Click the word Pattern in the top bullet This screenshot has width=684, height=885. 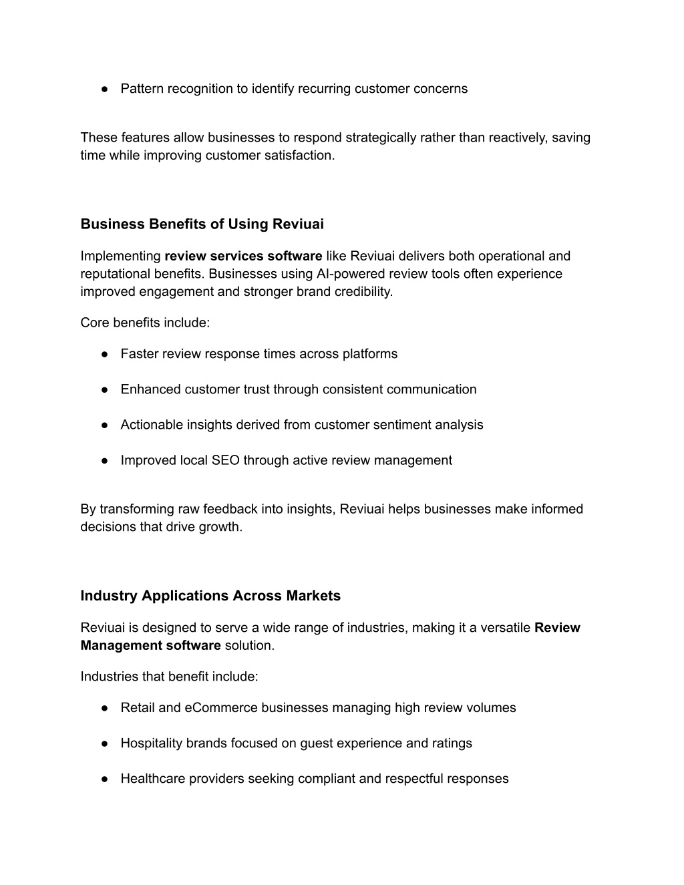pos(142,89)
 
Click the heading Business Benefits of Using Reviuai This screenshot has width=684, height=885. pos(202,224)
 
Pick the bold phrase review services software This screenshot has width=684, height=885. pos(243,256)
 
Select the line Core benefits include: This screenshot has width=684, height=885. pos(145,323)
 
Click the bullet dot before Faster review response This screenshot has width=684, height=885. pos(106,355)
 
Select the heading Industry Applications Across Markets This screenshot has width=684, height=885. pos(210,596)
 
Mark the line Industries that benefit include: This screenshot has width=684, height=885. pos(169,677)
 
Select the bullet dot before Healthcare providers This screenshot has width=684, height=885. pos(106,779)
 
